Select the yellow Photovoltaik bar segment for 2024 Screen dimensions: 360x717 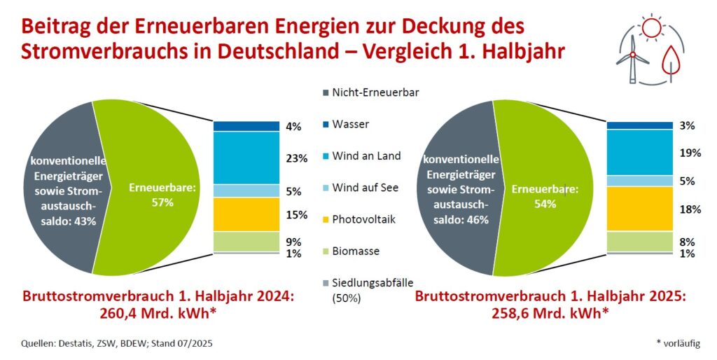pyautogui.click(x=246, y=214)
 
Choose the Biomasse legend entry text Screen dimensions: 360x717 pyautogui.click(x=358, y=251)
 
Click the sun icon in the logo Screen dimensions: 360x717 pyautogui.click(x=650, y=27)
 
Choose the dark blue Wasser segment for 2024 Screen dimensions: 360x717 pyautogui.click(x=246, y=126)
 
